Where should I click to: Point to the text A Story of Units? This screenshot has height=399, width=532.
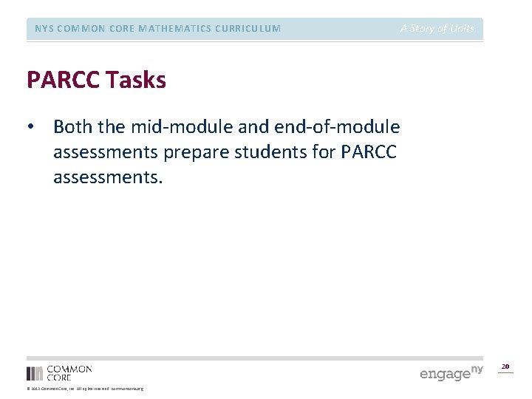[x=437, y=29]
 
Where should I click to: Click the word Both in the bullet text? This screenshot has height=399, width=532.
[x=73, y=127]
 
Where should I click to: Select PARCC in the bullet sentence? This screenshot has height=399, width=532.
[x=369, y=153]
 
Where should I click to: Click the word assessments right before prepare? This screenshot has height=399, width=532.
[x=105, y=153]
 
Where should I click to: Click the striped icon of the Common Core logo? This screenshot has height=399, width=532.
[x=35, y=373]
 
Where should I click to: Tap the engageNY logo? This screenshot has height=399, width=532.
[x=451, y=372]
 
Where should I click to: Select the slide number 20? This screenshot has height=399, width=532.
[x=505, y=366]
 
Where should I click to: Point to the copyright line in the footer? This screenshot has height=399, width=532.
[x=85, y=389]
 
